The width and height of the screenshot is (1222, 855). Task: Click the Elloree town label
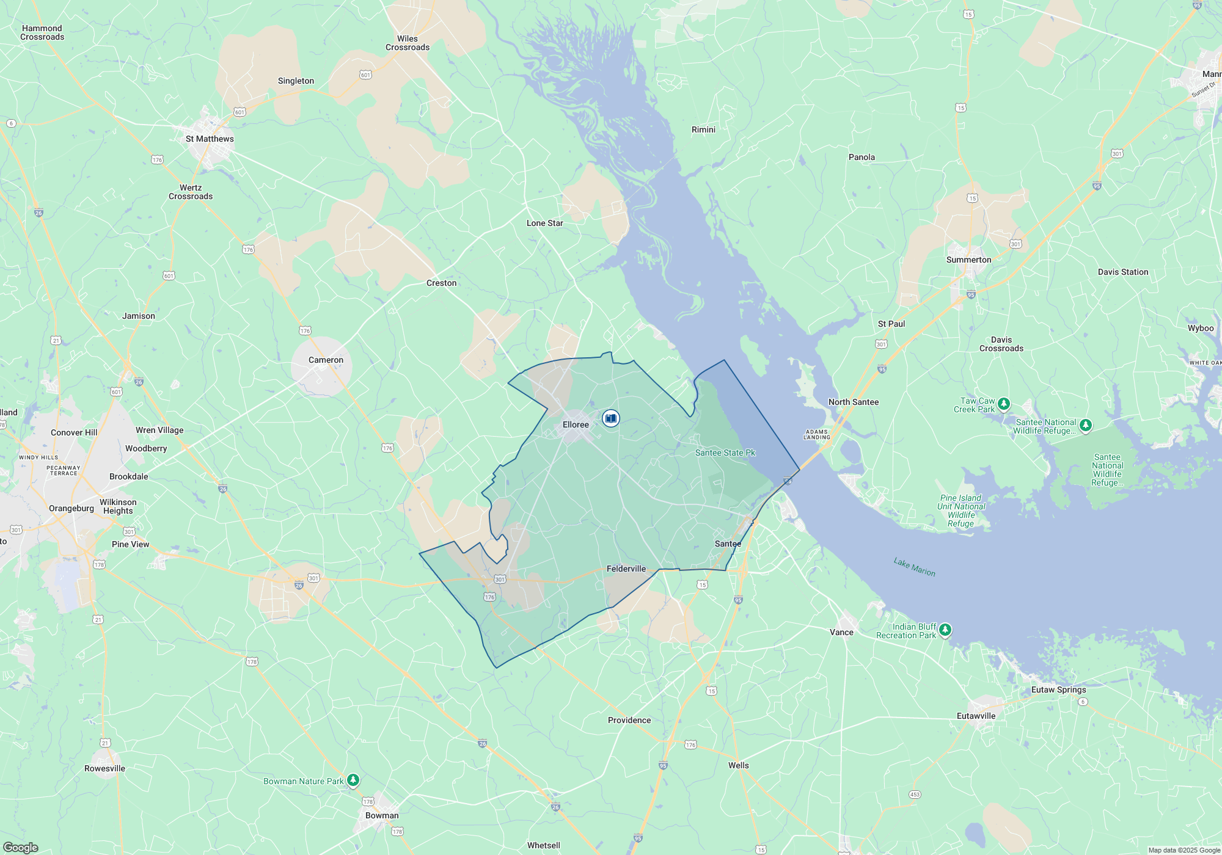(576, 424)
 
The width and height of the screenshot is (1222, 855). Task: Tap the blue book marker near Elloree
(611, 418)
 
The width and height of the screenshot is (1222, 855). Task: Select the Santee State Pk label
(725, 453)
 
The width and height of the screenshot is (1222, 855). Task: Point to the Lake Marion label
(914, 567)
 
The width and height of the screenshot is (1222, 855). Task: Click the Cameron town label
(326, 360)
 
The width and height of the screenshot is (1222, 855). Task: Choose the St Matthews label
(210, 139)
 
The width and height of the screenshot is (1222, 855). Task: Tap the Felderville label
(626, 569)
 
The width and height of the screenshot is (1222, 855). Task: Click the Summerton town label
(968, 260)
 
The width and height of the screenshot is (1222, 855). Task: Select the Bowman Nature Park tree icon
(353, 780)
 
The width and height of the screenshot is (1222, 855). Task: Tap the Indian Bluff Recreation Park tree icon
(945, 629)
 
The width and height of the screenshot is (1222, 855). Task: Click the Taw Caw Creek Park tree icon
(1004, 404)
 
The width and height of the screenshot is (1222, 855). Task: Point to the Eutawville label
(976, 716)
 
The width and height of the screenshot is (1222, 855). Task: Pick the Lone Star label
(545, 223)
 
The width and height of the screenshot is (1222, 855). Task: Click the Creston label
(441, 283)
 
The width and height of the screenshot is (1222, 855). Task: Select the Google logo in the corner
(21, 848)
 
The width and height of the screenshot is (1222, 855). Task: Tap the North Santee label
(854, 402)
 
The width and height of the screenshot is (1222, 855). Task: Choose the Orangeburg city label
(71, 508)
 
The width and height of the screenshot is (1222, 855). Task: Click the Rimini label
(703, 129)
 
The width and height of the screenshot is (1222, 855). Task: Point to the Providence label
(629, 720)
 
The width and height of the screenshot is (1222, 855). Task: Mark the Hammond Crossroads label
(42, 32)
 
